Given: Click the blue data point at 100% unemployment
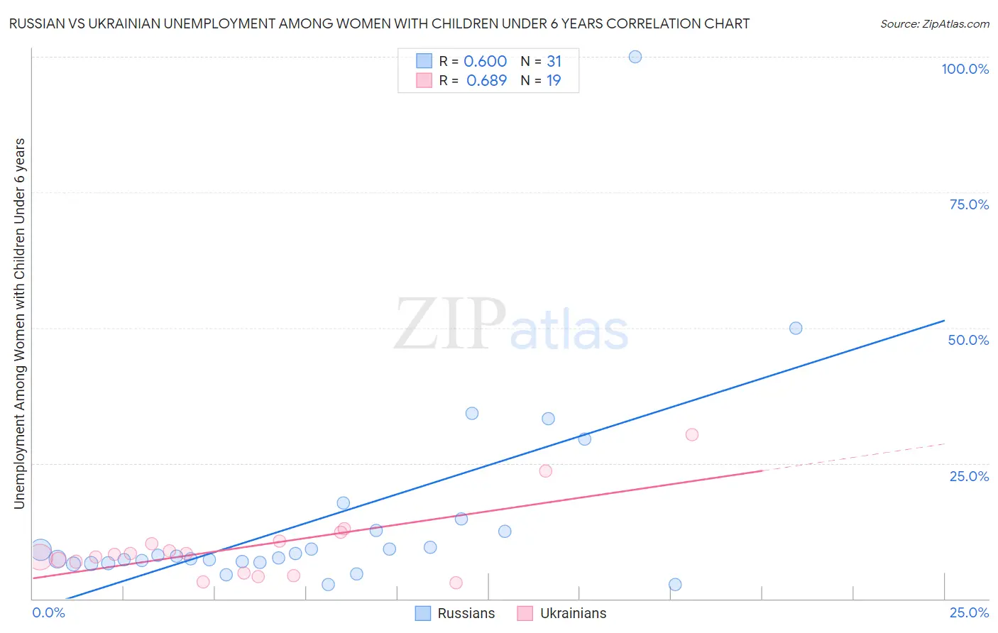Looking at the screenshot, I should (x=635, y=57).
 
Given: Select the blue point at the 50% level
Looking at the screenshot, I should (x=796, y=328).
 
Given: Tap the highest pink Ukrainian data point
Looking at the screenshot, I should (x=692, y=434).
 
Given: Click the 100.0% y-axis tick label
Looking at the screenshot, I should (x=965, y=69).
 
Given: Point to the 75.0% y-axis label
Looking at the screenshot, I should (x=969, y=204).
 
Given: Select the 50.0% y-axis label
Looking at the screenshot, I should (x=968, y=340).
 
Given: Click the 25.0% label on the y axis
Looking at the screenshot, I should (x=969, y=475).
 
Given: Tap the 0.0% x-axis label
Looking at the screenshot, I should (x=48, y=612).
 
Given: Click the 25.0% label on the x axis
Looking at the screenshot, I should (x=969, y=612).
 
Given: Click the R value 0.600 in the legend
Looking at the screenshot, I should (x=485, y=61).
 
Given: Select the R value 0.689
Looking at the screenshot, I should (x=486, y=80).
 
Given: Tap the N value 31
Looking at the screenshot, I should (x=554, y=61).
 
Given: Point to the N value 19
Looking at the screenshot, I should (x=554, y=80).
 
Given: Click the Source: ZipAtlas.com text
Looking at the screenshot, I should (x=935, y=23).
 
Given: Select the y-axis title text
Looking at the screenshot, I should (x=19, y=323).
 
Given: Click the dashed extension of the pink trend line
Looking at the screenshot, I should (x=852, y=457).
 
